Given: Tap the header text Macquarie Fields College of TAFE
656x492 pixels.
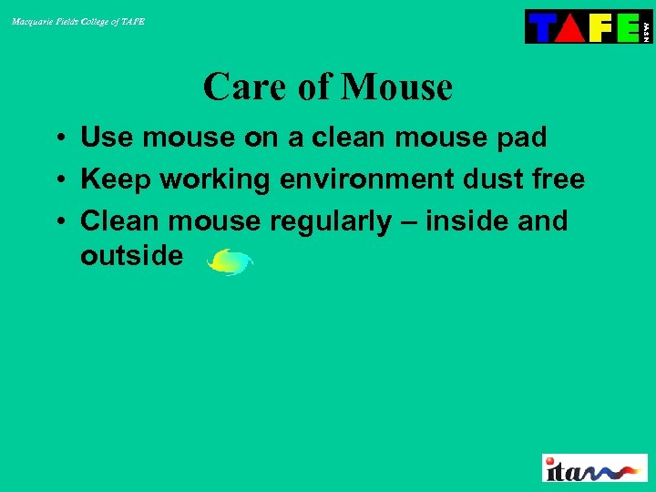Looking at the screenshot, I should [78, 21].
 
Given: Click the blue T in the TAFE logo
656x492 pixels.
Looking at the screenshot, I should [541, 27].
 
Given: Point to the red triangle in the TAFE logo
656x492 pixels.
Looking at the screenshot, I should [570, 28].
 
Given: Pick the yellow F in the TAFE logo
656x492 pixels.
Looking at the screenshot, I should [600, 27].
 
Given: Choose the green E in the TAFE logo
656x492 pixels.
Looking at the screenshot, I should [628, 27].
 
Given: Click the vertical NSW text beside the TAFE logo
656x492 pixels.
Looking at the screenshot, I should [646, 27].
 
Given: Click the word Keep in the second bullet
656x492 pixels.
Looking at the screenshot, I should [112, 179].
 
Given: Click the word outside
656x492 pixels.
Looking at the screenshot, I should [131, 256].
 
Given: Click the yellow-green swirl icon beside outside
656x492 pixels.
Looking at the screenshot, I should [230, 262].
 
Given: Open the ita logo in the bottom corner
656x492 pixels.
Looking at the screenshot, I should [594, 467].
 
